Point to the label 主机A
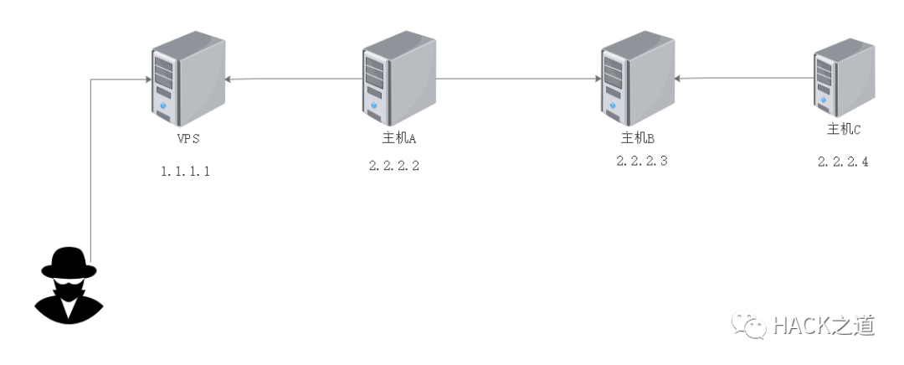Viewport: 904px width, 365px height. click(x=393, y=137)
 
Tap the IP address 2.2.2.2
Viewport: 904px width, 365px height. click(x=393, y=166)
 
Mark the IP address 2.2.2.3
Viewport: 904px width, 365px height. click(x=642, y=162)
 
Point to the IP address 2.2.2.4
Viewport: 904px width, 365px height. click(x=843, y=162)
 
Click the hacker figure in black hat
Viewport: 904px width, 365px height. click(x=69, y=285)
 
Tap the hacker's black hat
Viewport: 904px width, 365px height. click(x=69, y=261)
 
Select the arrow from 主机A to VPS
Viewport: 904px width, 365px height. click(x=293, y=80)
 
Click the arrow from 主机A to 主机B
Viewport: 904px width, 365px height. click(x=515, y=80)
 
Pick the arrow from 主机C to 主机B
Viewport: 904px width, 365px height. click(x=745, y=80)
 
